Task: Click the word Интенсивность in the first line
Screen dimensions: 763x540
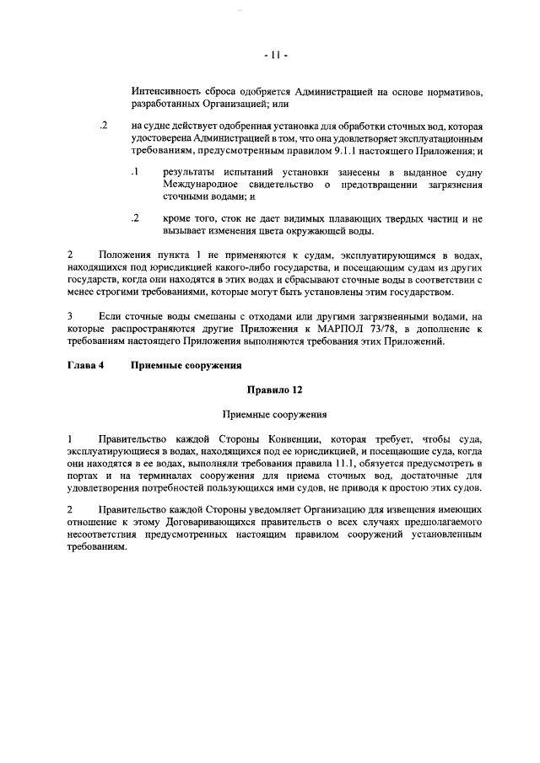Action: pos(167,90)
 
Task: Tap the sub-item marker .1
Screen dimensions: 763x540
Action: pos(134,172)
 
